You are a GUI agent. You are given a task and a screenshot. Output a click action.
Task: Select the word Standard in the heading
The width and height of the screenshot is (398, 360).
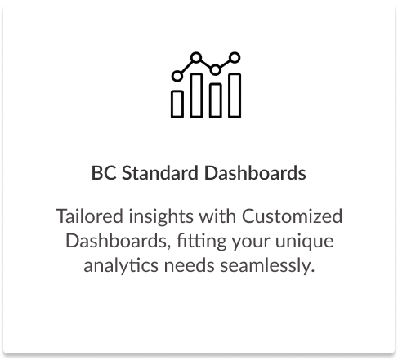tap(160, 173)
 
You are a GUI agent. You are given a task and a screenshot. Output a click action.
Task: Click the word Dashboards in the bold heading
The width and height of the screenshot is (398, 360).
tap(255, 173)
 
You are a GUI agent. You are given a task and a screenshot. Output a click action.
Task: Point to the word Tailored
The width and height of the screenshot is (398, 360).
tap(90, 216)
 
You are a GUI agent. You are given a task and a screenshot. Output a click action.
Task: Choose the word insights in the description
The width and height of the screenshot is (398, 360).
tap(161, 217)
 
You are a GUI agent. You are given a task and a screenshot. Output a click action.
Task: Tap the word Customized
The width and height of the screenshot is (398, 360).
tap(292, 216)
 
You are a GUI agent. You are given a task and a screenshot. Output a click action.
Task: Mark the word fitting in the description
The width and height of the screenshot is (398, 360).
tap(202, 242)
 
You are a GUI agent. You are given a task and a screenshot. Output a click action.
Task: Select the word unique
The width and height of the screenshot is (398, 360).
tap(304, 242)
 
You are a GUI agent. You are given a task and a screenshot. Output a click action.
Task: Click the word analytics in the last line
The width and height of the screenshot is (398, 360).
tap(121, 266)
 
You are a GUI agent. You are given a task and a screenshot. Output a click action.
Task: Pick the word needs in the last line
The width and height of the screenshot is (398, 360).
tap(189, 265)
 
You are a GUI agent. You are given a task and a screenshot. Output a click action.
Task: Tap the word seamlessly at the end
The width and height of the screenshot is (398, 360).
tap(267, 266)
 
